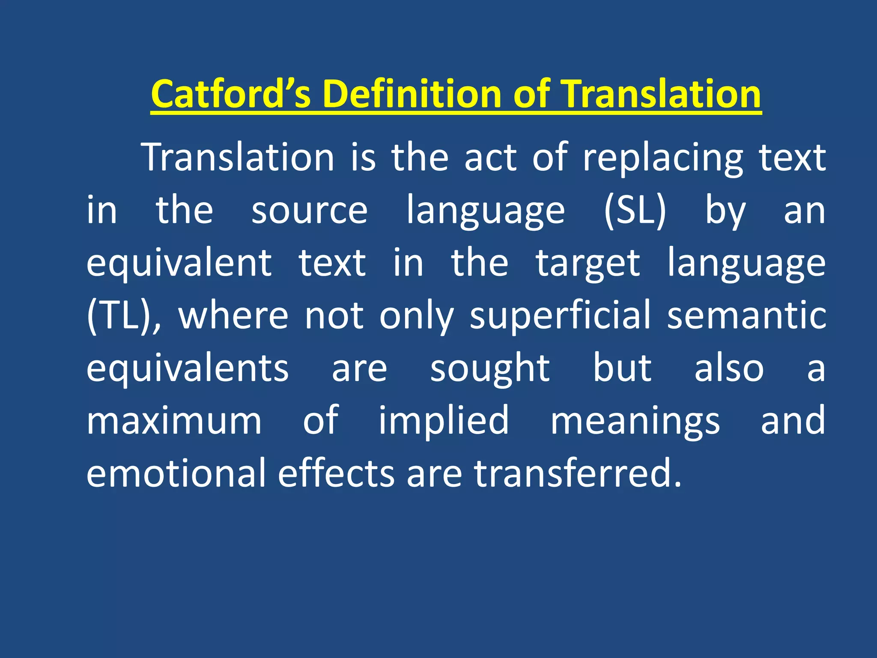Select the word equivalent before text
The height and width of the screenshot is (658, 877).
click(x=179, y=263)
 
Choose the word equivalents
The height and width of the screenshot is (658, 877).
click(x=188, y=368)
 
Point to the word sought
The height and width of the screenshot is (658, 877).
click(x=490, y=368)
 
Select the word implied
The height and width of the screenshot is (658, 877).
click(x=444, y=422)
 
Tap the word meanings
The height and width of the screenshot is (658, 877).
click(x=635, y=422)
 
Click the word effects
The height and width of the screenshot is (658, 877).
click(x=336, y=473)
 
